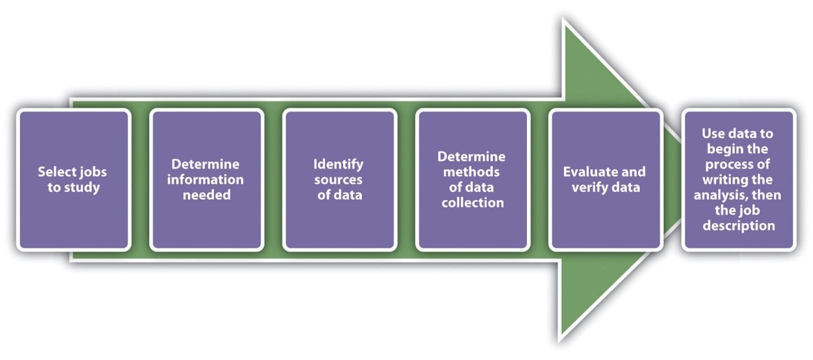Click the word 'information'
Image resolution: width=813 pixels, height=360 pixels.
[205, 179]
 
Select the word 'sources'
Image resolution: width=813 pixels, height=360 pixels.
[340, 179]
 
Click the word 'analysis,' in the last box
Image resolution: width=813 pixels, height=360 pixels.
[721, 194]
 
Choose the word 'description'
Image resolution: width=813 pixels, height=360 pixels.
[738, 225]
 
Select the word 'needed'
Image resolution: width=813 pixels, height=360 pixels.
[206, 194]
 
